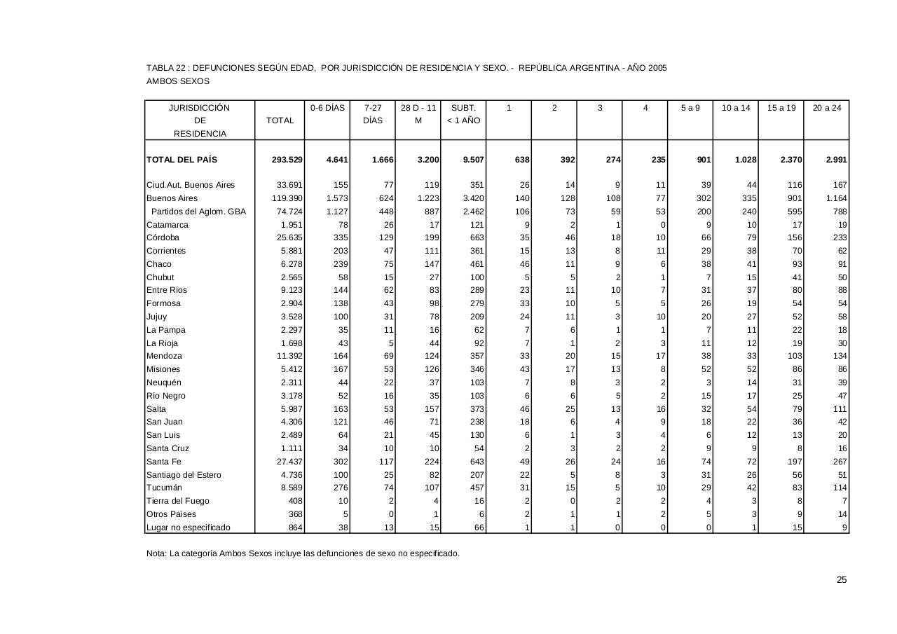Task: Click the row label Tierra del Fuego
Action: [178, 501]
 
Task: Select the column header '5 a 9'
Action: [690, 108]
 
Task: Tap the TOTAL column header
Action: [280, 120]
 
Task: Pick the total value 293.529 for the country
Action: [287, 160]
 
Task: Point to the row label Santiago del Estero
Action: [184, 475]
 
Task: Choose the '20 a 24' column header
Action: [827, 108]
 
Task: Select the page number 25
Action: [842, 579]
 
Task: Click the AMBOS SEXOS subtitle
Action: [178, 81]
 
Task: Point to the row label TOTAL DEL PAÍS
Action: [182, 160]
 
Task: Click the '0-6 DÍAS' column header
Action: [328, 108]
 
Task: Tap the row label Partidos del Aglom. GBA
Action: [198, 212]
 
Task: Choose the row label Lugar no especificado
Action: [188, 528]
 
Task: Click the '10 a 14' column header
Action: [736, 108]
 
